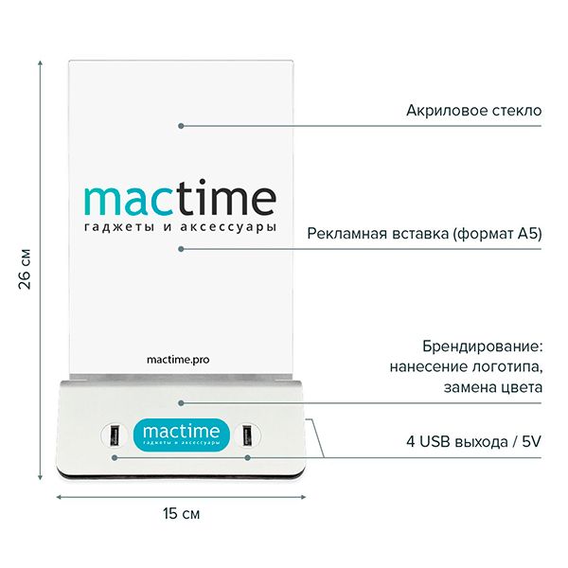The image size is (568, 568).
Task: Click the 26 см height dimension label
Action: pos(25,269)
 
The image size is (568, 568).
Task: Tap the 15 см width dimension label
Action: pos(181,514)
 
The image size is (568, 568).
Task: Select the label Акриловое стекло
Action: pos(474,111)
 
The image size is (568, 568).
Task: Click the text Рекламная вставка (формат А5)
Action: pos(424,234)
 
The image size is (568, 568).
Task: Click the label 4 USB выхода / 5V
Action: pos(474,441)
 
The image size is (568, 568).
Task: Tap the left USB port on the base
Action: pos(115,435)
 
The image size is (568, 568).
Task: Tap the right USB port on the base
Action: pos(247,435)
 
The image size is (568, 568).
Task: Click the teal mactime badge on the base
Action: pos(181,435)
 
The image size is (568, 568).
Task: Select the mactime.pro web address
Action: pos(178,360)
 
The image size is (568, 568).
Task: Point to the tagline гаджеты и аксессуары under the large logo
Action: pos(180,228)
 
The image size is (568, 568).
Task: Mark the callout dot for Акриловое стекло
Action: pos(181,126)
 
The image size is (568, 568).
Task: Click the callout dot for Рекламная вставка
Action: pos(181,249)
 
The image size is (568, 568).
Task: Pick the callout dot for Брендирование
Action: pos(181,403)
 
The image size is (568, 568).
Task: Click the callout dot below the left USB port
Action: pos(115,458)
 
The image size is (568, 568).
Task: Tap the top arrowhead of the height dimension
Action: pos(40,62)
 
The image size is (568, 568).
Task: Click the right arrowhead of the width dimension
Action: pos(304,497)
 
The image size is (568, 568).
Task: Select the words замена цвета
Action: pos(493,388)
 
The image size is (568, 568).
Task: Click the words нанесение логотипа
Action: pos(466,367)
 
